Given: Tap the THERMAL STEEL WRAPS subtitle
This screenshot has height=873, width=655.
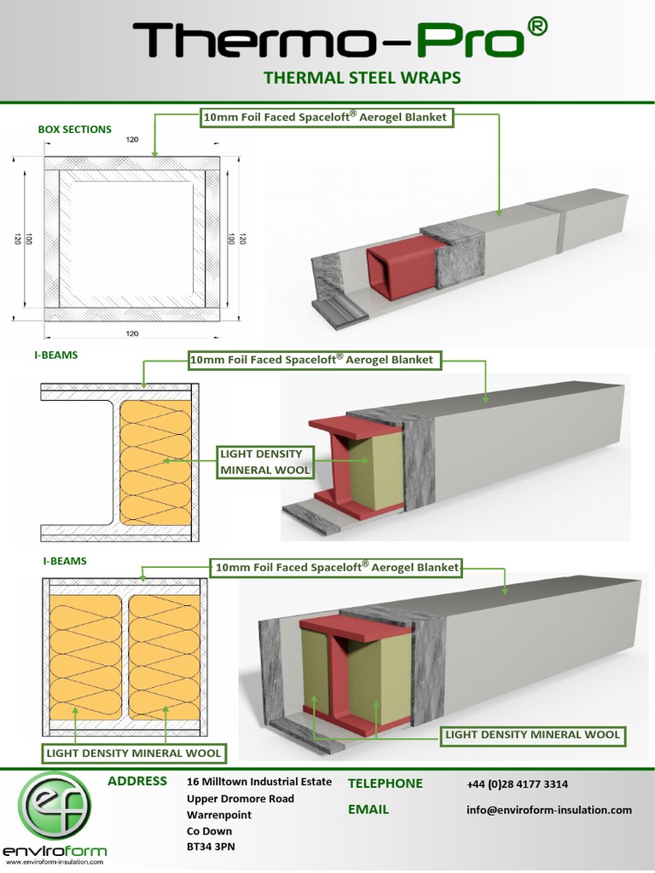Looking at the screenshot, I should coord(362,78).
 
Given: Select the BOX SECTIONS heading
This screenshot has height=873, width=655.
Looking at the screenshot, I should coord(74,130).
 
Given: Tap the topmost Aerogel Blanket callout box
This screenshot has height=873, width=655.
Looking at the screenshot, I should coord(324,117).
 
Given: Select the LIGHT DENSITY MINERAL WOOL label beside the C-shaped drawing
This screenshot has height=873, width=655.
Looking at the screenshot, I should coord(265,460).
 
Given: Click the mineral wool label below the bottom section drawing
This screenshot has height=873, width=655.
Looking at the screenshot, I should coord(134,753).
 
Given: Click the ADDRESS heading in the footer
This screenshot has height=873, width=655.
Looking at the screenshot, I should coord(137,781).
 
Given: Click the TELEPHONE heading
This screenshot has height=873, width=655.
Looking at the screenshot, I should coord(385,783).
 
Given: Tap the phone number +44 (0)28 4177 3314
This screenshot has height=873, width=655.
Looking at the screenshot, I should coord(518,784).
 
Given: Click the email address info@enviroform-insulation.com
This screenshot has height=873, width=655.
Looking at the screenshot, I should coord(549,810).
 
